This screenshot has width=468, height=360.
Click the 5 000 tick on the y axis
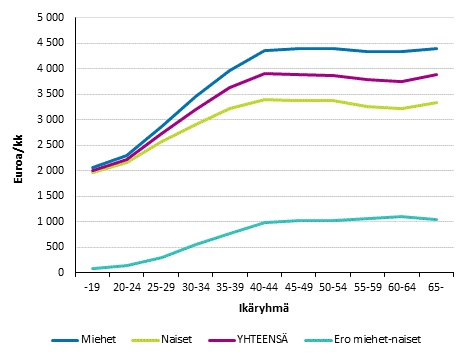tap(49, 18)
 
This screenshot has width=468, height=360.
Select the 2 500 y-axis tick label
tap(49, 145)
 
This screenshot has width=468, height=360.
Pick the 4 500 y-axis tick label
tap(49, 43)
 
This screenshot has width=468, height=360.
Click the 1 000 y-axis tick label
tap(49, 221)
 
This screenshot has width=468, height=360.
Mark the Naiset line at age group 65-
tap(436, 102)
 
